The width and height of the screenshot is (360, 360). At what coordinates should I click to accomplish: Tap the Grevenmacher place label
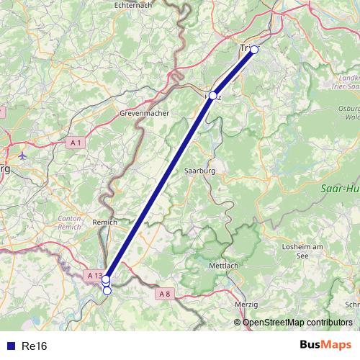click(143, 114)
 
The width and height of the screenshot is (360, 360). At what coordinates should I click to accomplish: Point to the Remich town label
click(105, 224)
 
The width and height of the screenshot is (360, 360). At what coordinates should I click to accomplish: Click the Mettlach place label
click(223, 266)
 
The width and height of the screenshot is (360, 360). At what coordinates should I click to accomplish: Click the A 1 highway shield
click(76, 143)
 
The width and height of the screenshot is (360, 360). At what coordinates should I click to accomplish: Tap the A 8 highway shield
click(166, 293)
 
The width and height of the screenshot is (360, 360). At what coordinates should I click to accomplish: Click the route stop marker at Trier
click(254, 50)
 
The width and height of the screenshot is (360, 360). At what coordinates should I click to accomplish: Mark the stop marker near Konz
click(212, 96)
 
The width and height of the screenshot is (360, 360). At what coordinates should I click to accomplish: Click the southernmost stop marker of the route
click(107, 290)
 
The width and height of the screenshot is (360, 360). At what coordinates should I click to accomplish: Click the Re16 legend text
click(35, 346)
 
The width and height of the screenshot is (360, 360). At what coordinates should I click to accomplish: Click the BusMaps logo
click(325, 345)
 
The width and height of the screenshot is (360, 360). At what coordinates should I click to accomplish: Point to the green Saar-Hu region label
click(338, 189)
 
